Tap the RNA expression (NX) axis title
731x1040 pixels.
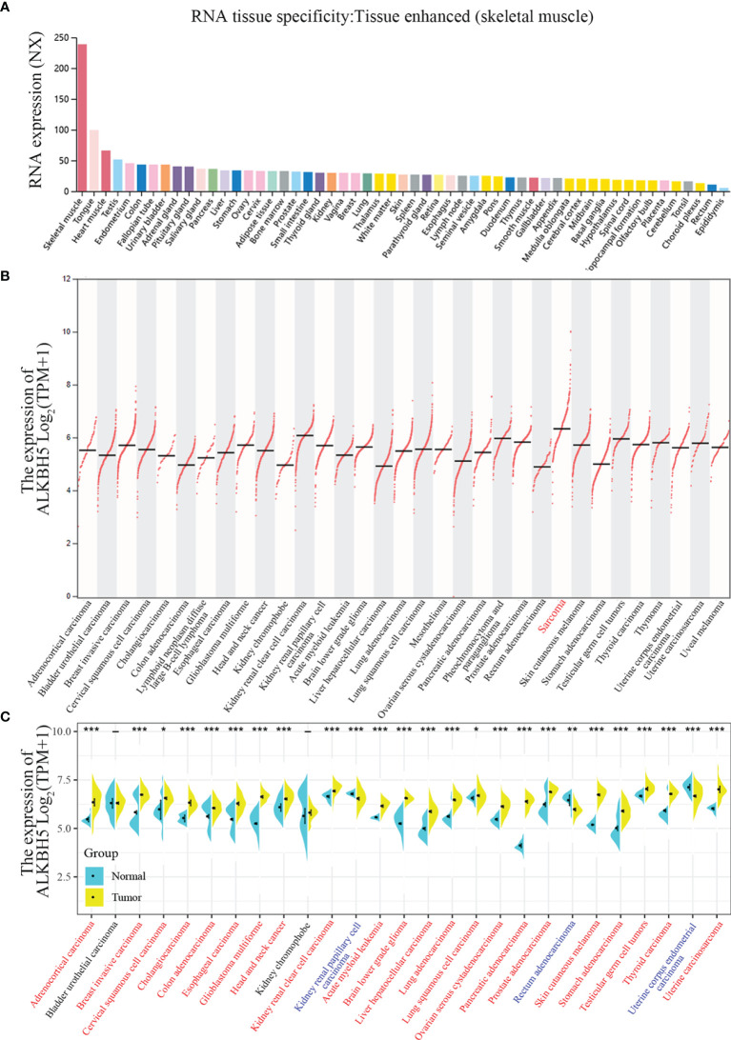[x=20, y=115]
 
